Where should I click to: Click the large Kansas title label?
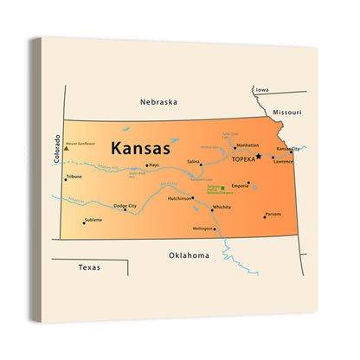pyautogui.click(x=138, y=148)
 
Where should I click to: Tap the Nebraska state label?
pyautogui.click(x=158, y=101)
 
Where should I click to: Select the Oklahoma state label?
pyautogui.click(x=189, y=255)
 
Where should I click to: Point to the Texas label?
pyautogui.click(x=89, y=267)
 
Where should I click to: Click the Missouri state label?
pyautogui.click(x=286, y=112)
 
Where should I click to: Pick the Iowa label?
pyautogui.click(x=261, y=90)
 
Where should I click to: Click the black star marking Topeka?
pyautogui.click(x=258, y=157)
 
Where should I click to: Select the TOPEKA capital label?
pyautogui.click(x=242, y=159)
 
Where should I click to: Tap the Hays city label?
pyautogui.click(x=154, y=164)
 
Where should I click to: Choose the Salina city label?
pyautogui.click(x=193, y=162)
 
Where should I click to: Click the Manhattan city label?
pyautogui.click(x=247, y=146)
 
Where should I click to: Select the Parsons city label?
pyautogui.click(x=273, y=214)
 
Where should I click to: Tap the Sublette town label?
pyautogui.click(x=93, y=220)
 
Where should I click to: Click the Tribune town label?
pyautogui.click(x=74, y=177)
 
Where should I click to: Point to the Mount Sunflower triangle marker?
pyautogui.click(x=67, y=149)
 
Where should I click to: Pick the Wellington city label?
pyautogui.click(x=202, y=228)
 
